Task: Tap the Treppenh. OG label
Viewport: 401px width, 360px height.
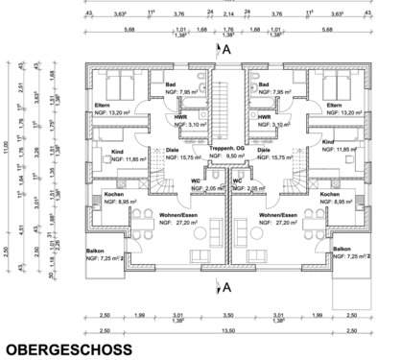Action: click(225, 149)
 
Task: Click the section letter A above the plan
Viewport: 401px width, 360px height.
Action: click(227, 47)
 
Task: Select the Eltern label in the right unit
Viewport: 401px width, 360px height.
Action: click(334, 104)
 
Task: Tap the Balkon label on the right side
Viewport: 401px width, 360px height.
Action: click(340, 249)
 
